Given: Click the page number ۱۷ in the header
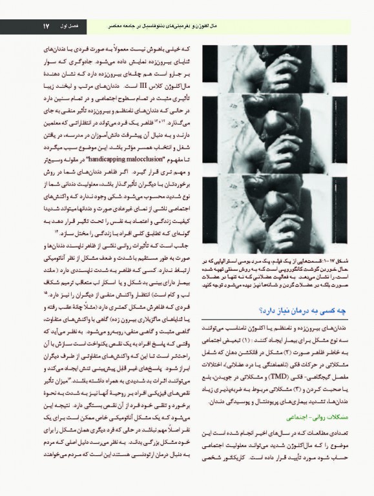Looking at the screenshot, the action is pos(46,26).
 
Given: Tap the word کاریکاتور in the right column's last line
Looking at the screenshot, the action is pos(245,463).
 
